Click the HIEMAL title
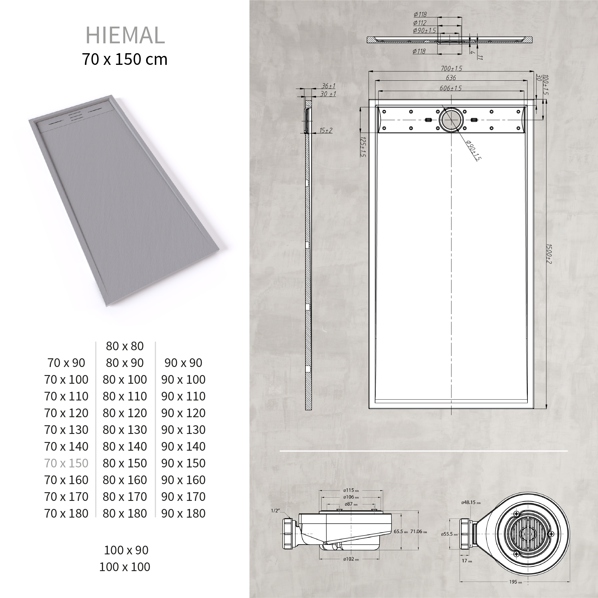125,35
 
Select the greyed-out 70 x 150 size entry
66,463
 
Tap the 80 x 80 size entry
125,346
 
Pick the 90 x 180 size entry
183,513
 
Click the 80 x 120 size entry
125,413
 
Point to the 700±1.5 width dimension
451,68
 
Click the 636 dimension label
451,78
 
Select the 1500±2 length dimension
549,254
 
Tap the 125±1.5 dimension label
363,147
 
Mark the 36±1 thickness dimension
328,86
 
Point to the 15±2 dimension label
326,130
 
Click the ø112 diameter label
420,23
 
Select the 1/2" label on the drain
275,511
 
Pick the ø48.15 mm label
470,503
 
